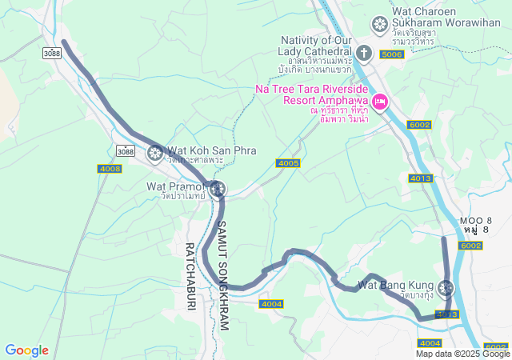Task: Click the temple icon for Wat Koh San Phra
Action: point(155,151)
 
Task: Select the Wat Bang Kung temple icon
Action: point(446,287)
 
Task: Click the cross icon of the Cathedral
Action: point(364,54)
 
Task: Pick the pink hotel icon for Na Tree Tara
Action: point(380,102)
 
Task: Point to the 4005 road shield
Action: point(288,163)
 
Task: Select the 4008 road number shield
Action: point(110,169)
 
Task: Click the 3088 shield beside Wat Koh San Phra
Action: point(125,150)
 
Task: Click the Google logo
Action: point(26,350)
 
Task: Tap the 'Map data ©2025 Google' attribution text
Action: point(462,354)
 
